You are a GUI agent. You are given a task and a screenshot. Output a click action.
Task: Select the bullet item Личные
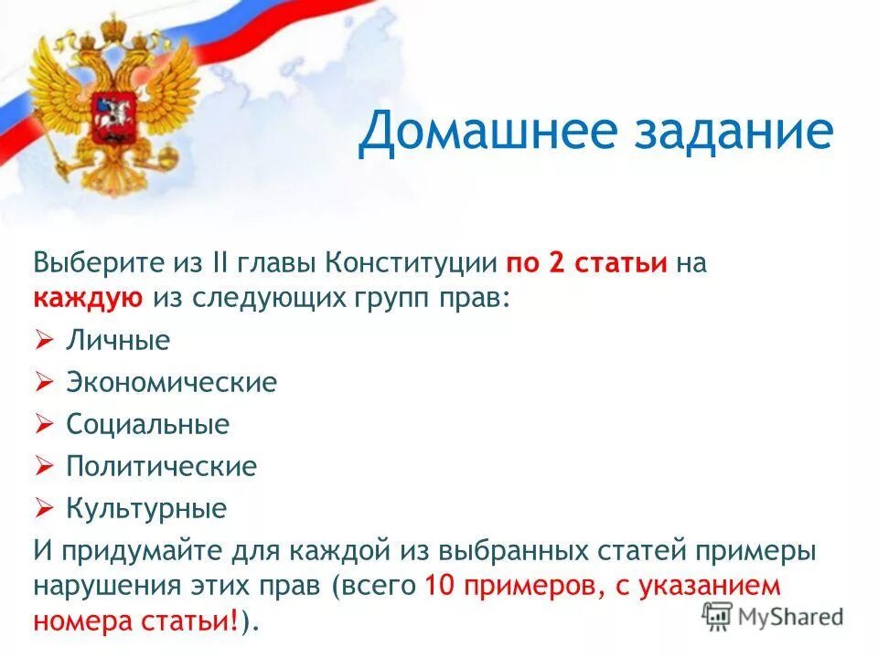tap(118, 341)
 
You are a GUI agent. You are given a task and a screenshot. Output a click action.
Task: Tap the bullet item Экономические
tap(171, 382)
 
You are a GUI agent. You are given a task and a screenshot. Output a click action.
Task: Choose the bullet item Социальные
tap(147, 424)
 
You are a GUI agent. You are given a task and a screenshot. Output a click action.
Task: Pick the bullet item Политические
tap(161, 466)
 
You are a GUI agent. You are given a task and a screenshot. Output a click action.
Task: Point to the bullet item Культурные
tap(145, 508)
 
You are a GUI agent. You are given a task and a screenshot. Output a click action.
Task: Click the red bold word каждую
tap(89, 298)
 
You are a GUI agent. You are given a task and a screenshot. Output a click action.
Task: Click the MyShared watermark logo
tap(773, 615)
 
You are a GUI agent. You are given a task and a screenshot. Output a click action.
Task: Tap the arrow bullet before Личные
tap(45, 341)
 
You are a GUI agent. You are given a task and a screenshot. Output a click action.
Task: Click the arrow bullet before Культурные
tap(45, 508)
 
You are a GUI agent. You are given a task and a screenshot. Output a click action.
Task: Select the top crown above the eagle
tap(112, 27)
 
